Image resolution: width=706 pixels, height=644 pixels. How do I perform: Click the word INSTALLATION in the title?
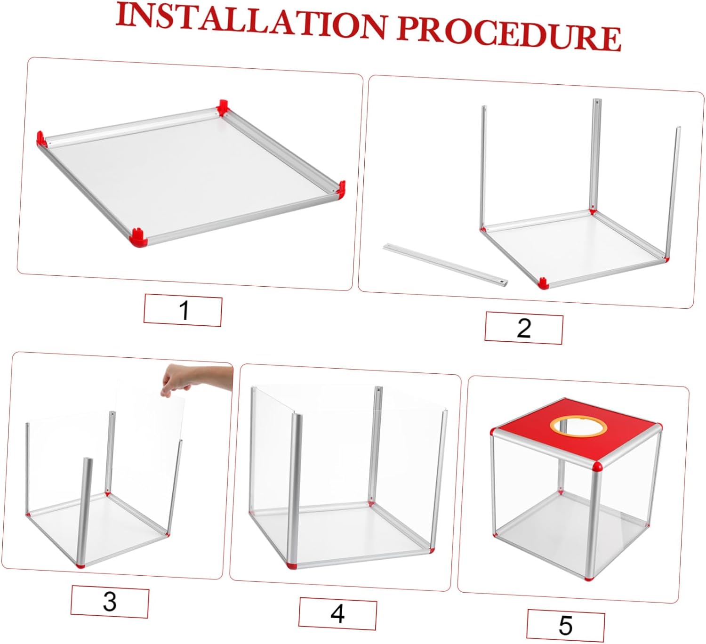[251, 21]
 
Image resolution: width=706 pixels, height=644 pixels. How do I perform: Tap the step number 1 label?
[183, 310]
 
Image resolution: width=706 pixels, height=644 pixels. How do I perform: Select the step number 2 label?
[523, 328]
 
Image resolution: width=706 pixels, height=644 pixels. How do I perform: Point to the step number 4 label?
[337, 613]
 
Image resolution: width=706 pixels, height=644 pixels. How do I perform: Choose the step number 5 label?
[565, 625]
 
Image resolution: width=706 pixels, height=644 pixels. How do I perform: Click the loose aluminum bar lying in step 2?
[445, 264]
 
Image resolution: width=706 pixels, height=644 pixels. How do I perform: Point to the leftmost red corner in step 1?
[41, 138]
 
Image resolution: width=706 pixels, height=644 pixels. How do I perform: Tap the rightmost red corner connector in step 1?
[341, 187]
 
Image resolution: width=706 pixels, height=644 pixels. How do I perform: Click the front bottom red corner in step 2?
[543, 283]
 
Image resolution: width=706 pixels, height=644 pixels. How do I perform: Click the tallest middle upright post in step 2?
[595, 155]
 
